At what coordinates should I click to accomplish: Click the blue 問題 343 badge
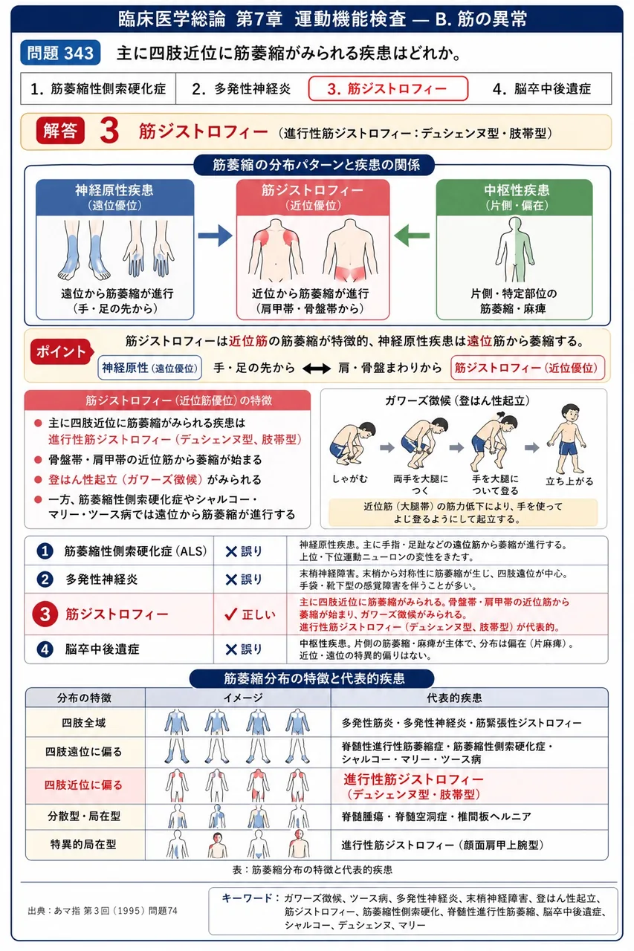[x=60, y=53]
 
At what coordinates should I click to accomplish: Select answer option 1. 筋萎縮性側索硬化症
[x=98, y=88]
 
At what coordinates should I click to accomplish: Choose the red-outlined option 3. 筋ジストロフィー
[x=388, y=88]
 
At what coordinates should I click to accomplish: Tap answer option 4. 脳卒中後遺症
[x=541, y=88]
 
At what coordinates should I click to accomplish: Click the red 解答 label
[x=60, y=131]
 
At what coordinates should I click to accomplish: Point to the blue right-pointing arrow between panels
[x=216, y=236]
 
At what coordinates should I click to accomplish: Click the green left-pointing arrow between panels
[x=411, y=236]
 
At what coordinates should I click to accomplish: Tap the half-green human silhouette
[x=514, y=250]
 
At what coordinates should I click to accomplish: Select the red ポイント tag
[x=61, y=351]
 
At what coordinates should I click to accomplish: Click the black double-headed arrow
[x=317, y=368]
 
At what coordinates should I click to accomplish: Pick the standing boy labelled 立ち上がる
[x=567, y=439]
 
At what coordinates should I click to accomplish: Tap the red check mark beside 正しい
[x=230, y=614]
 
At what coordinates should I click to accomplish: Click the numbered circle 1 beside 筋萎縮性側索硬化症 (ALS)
[x=45, y=551]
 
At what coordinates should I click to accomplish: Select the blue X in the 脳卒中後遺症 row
[x=231, y=649]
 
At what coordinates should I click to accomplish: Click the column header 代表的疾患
[x=454, y=698]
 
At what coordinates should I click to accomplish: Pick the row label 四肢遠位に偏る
[x=84, y=751]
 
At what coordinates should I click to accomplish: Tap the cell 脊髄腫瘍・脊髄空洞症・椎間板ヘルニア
[x=436, y=816]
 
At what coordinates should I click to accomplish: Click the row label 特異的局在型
[x=83, y=844]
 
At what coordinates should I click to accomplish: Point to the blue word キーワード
[x=248, y=898]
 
